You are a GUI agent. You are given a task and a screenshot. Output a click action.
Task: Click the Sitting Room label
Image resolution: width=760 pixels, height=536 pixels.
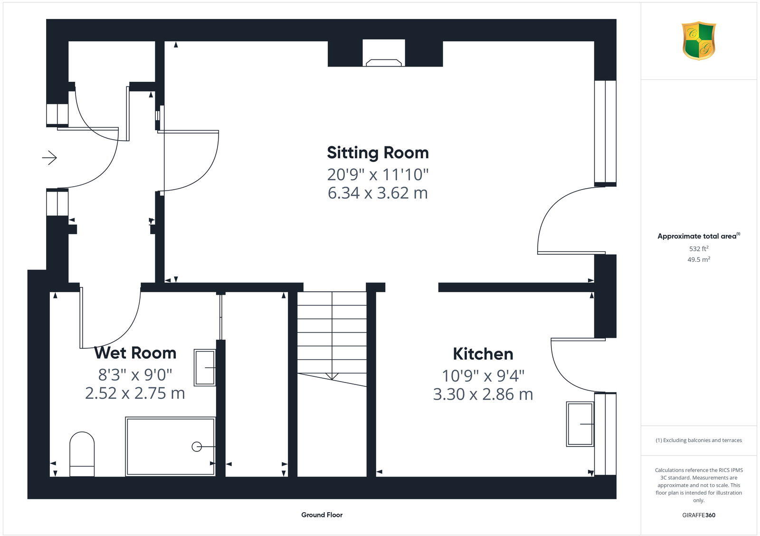378,153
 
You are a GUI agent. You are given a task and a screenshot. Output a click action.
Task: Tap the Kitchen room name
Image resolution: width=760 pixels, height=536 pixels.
483,354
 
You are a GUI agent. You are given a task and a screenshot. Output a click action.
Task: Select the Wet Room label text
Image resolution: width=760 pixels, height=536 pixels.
135,353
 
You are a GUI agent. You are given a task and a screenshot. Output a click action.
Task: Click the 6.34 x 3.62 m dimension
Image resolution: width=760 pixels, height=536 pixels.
378,193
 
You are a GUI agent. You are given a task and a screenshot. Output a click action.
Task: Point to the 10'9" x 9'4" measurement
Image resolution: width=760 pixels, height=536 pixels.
483,376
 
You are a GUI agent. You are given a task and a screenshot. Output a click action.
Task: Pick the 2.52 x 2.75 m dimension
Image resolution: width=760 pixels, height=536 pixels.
135,393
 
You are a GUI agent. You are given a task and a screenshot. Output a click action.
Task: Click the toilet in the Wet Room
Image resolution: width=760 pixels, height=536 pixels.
82,454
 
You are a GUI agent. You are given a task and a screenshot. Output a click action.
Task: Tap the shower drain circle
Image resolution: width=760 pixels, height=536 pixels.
196,447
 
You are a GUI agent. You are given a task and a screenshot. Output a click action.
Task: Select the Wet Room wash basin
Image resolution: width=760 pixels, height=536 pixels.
205,367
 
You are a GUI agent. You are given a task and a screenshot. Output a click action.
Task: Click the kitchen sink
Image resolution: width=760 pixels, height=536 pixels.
580,424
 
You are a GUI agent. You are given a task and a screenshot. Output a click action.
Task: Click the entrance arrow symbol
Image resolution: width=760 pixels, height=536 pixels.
49,157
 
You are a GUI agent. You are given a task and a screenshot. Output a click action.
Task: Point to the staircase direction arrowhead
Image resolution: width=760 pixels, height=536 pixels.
332,376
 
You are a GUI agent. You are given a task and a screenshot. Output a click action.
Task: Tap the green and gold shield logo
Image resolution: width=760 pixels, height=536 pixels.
698,41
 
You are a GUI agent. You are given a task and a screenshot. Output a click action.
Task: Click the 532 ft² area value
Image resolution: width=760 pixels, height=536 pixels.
698,249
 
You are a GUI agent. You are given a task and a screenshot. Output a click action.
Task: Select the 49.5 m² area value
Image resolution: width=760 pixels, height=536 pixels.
699,259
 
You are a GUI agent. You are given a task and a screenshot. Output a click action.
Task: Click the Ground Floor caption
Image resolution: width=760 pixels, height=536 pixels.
322,515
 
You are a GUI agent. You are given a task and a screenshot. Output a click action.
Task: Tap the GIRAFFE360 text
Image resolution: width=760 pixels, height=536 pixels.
698,515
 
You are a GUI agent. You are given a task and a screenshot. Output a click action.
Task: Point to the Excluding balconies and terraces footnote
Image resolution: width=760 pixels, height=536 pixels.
699,440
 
